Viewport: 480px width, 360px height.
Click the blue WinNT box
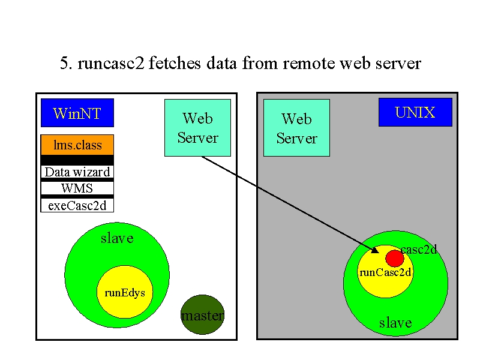77,113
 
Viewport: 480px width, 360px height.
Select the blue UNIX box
415,112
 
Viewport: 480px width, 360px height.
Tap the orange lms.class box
77,145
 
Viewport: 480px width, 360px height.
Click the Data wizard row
77,172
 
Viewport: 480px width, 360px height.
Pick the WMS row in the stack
77,188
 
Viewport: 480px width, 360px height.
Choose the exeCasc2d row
77,205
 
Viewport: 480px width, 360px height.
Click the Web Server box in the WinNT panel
197,128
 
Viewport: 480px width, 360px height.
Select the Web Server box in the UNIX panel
296,128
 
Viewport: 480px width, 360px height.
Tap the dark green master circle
202,314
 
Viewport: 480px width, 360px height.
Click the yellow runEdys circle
125,292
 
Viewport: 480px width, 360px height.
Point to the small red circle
395,259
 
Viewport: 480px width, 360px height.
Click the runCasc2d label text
385,272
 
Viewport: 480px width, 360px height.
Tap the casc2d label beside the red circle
418,250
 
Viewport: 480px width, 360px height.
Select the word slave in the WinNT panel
117,238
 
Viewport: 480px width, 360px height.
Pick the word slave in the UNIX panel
395,323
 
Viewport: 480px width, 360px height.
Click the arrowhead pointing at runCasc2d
376,250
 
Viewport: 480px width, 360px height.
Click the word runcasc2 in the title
111,64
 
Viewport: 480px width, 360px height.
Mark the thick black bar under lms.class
77,160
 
